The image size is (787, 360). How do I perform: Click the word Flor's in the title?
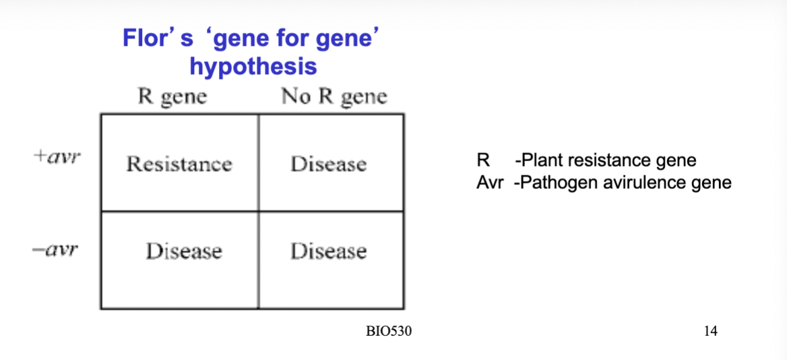point(158,39)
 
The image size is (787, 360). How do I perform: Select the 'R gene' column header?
point(172,96)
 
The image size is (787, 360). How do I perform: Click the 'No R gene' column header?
point(334,96)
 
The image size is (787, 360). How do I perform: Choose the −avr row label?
point(56,250)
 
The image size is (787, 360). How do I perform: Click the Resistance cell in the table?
point(179,164)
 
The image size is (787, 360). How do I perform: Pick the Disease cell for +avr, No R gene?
point(329,164)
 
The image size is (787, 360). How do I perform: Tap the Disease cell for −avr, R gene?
point(184,251)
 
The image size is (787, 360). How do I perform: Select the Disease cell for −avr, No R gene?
point(329,251)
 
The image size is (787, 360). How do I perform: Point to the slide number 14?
point(711,331)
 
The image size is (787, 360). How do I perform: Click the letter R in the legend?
point(482,160)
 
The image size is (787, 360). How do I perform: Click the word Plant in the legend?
point(540,160)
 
